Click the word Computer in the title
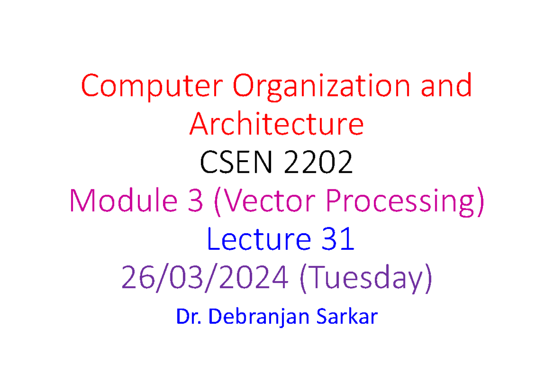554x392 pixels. click(x=152, y=86)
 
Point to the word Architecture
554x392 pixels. click(x=277, y=124)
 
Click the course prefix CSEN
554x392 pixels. click(x=236, y=162)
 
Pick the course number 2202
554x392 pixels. click(x=318, y=162)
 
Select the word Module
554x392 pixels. click(x=124, y=200)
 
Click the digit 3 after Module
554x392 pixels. click(x=195, y=200)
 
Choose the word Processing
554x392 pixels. click(x=400, y=202)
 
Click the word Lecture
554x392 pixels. click(x=259, y=239)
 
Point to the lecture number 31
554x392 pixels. click(x=337, y=239)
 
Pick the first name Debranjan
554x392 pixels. click(x=259, y=317)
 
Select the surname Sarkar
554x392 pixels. click(x=347, y=316)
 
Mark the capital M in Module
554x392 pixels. click(x=83, y=200)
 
